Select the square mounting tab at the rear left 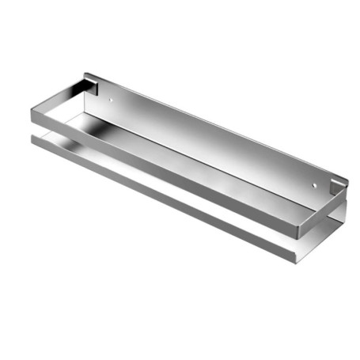pyautogui.click(x=91, y=85)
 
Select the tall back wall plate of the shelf pyautogui.click(x=214, y=135)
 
